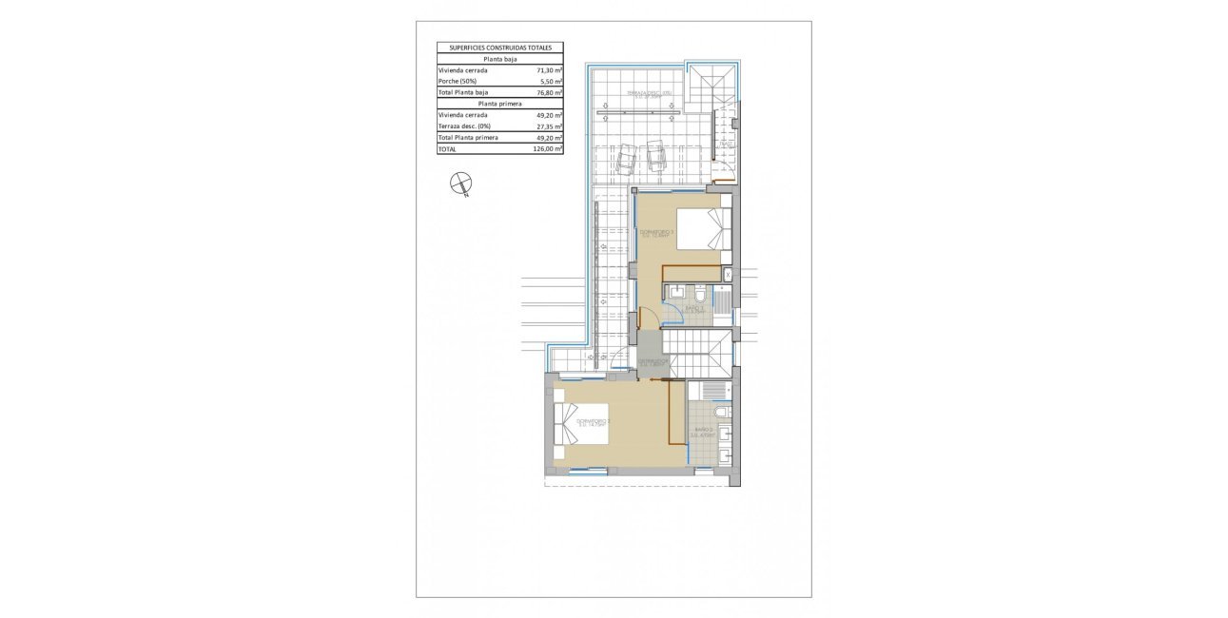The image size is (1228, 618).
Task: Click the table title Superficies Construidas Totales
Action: click(500, 47)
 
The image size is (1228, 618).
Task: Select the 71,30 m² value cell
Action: click(549, 70)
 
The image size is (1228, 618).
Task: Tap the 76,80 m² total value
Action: click(549, 93)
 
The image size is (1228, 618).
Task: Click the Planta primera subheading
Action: click(500, 104)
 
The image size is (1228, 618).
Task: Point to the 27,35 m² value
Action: click(549, 126)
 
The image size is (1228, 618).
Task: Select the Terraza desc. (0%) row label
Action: click(466, 126)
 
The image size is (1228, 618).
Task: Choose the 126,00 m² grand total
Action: click(549, 149)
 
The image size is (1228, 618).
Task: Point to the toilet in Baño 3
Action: click(699, 291)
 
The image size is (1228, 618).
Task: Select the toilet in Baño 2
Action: click(722, 411)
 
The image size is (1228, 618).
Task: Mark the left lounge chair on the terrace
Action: click(628, 159)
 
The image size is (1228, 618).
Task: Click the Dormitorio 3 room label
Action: click(656, 234)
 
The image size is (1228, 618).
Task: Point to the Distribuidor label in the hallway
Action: click(653, 362)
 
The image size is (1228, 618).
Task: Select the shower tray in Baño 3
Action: click(721, 302)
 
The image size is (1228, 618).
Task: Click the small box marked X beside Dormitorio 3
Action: click(728, 274)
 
